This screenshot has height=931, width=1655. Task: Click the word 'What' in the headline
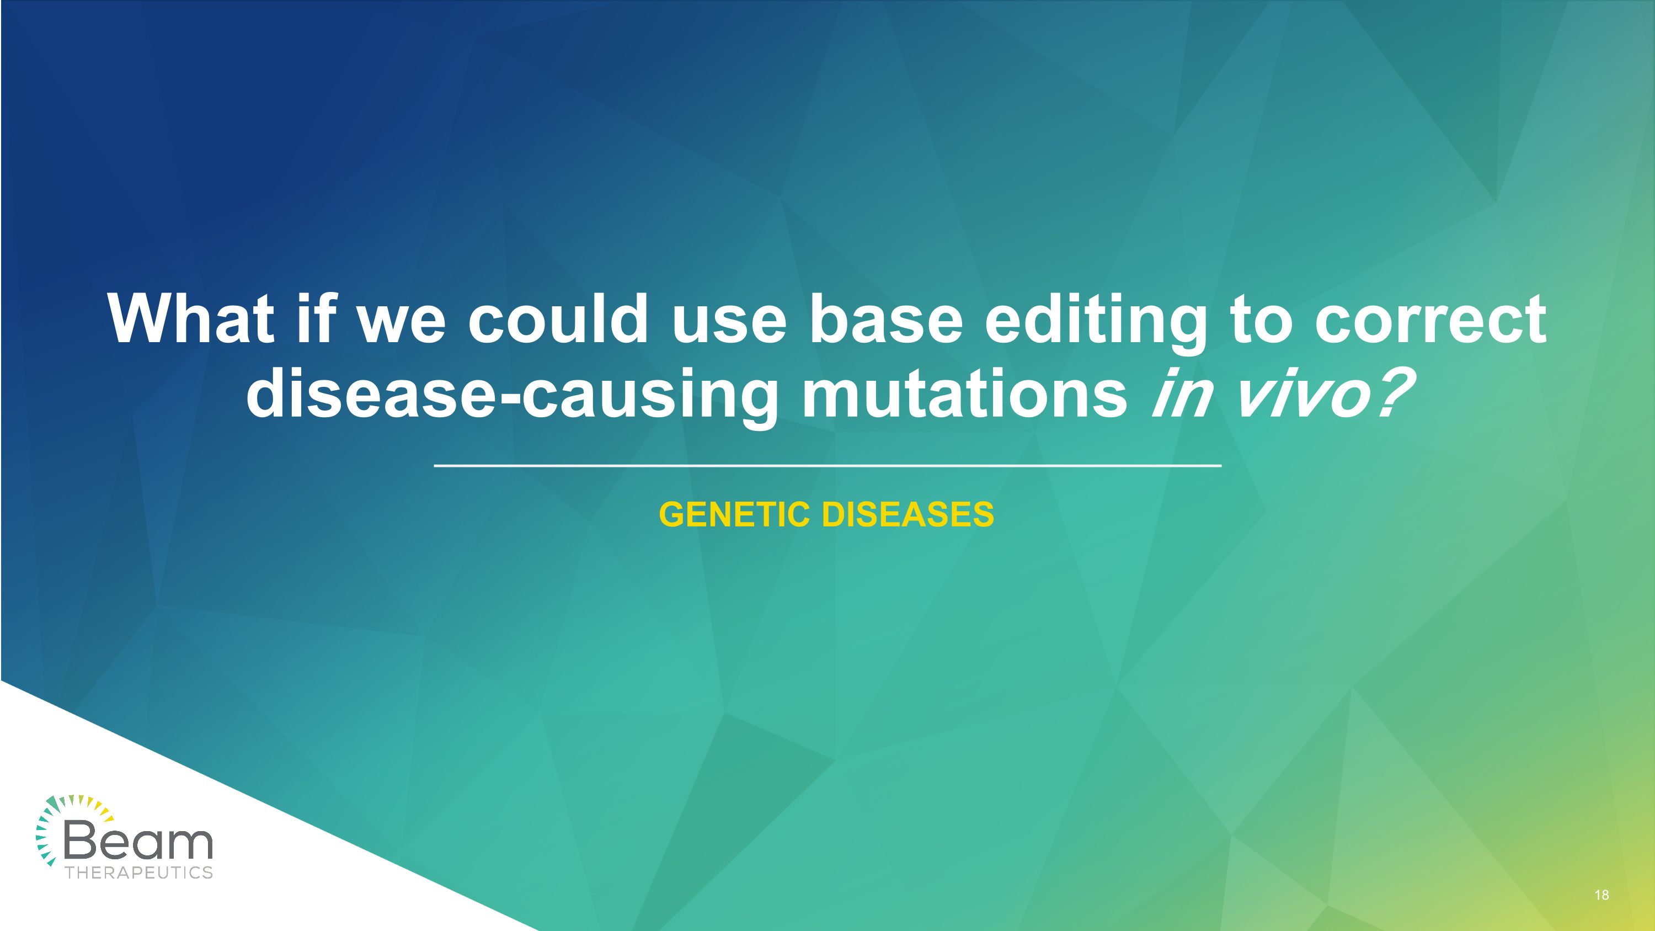[x=190, y=320]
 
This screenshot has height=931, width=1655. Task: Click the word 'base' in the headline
[x=886, y=320]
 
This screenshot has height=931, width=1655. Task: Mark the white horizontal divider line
[x=827, y=465]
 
